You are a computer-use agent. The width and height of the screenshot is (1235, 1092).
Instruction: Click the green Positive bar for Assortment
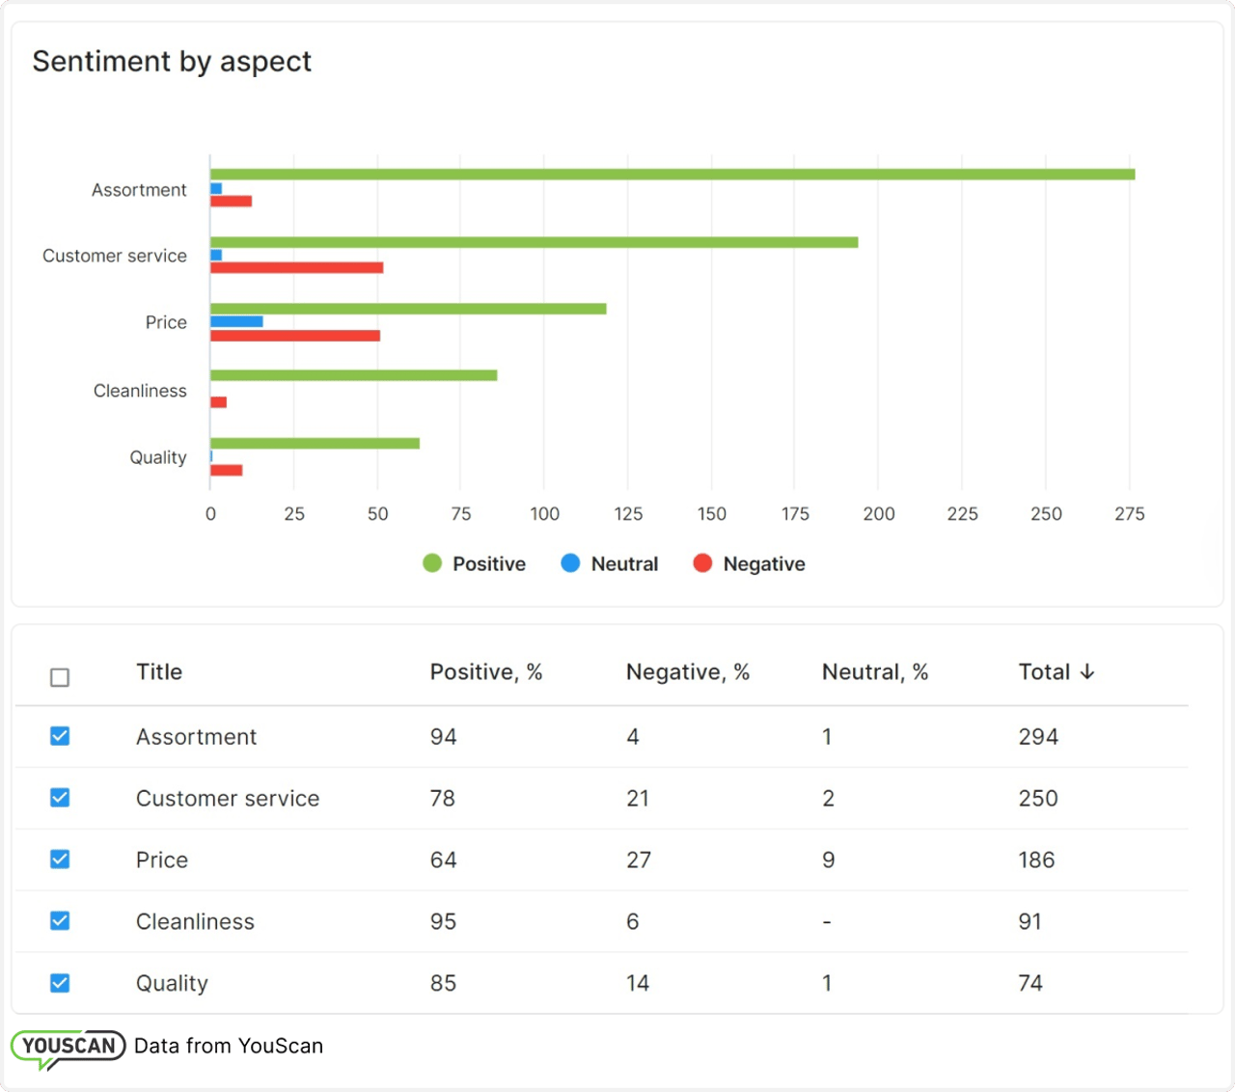point(672,175)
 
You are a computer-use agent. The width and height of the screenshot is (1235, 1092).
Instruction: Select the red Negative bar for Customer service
point(296,267)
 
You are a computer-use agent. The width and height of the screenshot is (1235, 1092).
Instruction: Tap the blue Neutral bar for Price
point(236,321)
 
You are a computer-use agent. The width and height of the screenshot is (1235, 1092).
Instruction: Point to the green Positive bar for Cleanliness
point(353,375)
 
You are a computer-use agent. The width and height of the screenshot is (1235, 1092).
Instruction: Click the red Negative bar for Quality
point(226,470)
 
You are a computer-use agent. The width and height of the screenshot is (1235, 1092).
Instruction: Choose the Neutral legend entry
point(610,563)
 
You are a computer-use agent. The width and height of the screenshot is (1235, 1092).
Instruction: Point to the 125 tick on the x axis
point(628,514)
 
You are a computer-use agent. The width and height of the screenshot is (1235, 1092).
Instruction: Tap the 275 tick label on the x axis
point(1129,514)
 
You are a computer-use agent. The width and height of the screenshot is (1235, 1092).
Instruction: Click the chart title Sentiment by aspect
point(172,62)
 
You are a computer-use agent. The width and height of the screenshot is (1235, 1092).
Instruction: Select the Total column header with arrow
point(1057,672)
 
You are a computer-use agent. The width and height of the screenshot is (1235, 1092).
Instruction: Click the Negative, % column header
point(687,672)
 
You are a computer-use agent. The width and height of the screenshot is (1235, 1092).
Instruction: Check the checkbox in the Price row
point(60,859)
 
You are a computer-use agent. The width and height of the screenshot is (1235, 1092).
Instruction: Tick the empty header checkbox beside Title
point(60,677)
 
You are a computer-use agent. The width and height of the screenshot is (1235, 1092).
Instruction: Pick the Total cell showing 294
point(1038,737)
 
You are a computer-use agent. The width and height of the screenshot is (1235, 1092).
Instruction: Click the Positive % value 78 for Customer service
point(443,799)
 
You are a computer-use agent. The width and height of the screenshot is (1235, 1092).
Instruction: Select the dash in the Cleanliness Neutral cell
point(827,922)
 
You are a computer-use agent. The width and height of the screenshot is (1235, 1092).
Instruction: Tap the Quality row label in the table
point(172,983)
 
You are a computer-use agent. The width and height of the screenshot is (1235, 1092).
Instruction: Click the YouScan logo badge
point(69,1048)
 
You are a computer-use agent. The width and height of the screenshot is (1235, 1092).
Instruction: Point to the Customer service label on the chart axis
point(115,256)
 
